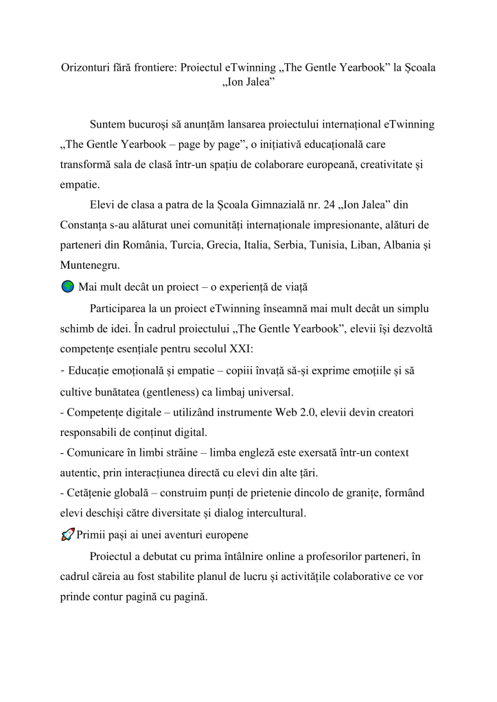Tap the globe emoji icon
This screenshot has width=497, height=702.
67,287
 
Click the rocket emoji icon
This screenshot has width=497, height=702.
67,535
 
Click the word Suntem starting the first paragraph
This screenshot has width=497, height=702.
108,125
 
